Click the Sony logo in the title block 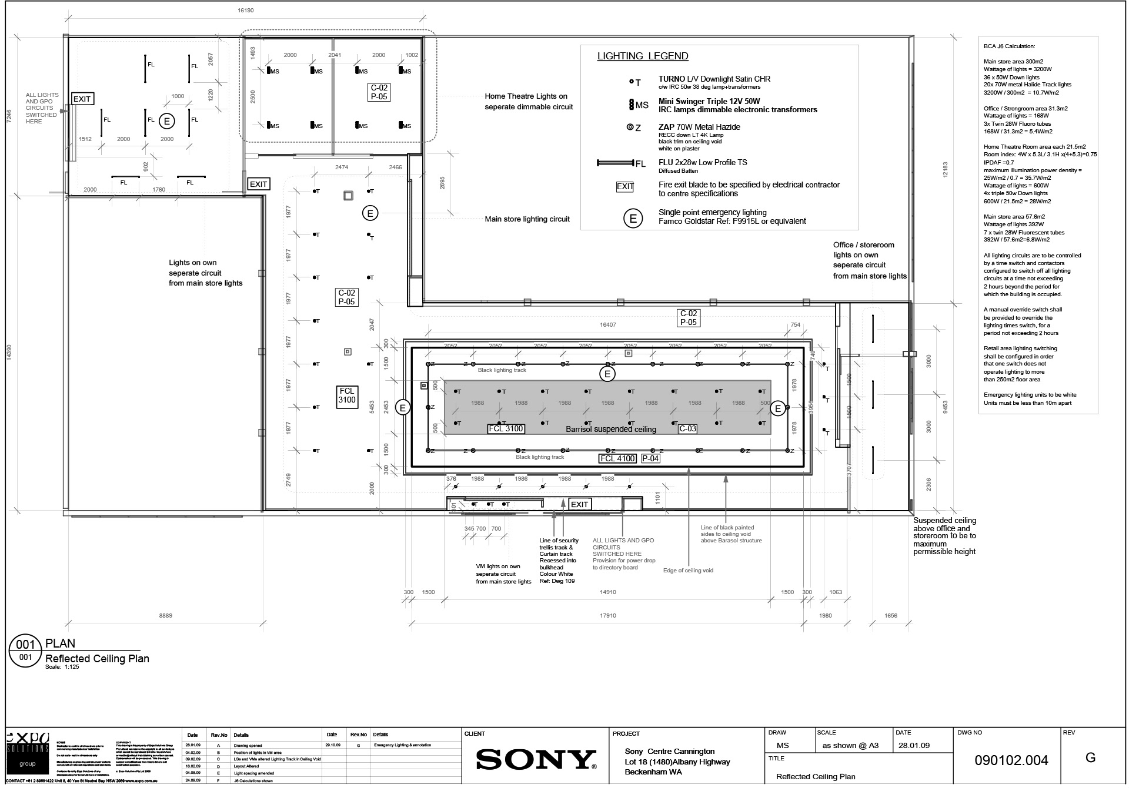[536, 759]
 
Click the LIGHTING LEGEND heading [643, 56]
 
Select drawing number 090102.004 [1011, 760]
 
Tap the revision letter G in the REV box [1090, 757]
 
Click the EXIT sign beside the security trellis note [579, 504]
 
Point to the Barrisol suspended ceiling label [610, 429]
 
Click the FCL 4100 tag [617, 458]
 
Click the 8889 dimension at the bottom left [166, 615]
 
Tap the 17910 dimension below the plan [607, 615]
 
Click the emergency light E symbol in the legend [633, 219]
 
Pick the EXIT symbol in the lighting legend [624, 187]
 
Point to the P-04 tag [650, 458]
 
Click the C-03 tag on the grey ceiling [687, 429]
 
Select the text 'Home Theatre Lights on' [526, 96]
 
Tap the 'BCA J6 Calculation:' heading [1009, 46]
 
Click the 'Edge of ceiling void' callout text [688, 570]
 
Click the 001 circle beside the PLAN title [25, 645]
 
